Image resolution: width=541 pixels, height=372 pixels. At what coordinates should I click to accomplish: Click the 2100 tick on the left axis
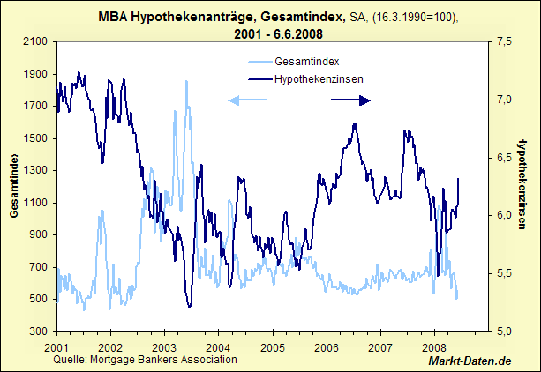click(34, 41)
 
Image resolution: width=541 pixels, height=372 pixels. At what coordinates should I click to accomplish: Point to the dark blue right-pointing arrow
click(351, 100)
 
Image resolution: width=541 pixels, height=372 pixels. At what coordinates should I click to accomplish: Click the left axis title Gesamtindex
click(15, 185)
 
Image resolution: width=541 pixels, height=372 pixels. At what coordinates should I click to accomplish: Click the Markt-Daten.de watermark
click(470, 361)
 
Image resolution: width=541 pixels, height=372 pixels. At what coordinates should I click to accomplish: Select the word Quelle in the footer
click(70, 359)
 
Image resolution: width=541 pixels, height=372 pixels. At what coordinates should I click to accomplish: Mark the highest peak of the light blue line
click(186, 81)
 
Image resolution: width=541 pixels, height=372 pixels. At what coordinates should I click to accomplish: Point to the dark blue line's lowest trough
click(189, 306)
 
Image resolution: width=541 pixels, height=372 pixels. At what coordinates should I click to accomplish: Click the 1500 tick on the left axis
click(34, 138)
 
